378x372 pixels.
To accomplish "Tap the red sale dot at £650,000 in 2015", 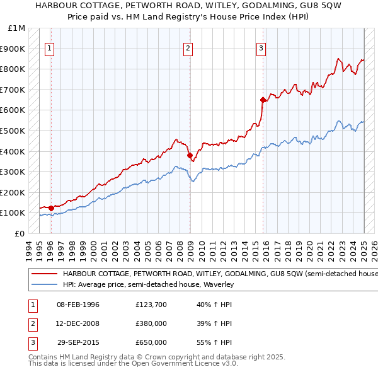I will pyautogui.click(x=263, y=99).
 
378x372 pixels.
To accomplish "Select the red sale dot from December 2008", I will pyautogui.click(x=190, y=154).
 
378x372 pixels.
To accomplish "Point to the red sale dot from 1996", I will pyautogui.click(x=51, y=207).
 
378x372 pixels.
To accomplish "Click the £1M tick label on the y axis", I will pyautogui.click(x=18, y=28).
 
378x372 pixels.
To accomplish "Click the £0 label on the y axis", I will pyautogui.click(x=20, y=233).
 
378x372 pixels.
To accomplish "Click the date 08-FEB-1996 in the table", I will pyautogui.click(x=78, y=305).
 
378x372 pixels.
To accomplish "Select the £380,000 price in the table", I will pyautogui.click(x=151, y=323).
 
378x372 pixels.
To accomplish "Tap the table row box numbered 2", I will pyautogui.click(x=31, y=323).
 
